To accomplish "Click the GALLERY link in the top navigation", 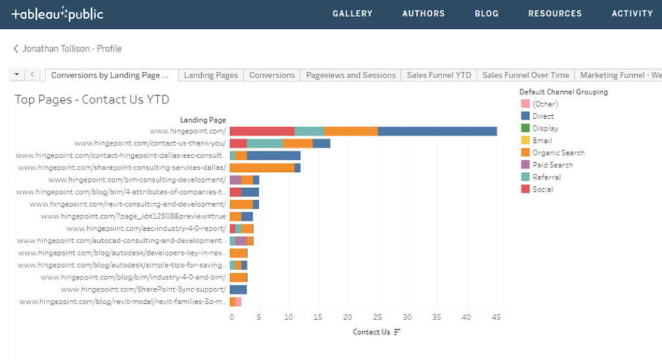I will [x=352, y=14].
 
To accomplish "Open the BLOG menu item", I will [x=486, y=14].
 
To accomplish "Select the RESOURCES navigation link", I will [x=555, y=14].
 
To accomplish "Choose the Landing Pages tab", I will [x=211, y=75].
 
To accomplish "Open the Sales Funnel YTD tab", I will [x=439, y=75].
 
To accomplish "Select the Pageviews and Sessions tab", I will [x=350, y=75].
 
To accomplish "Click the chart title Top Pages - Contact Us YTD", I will [x=92, y=100].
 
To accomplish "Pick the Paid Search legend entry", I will [x=552, y=165].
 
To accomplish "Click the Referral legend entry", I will [x=546, y=177].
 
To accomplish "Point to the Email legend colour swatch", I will [x=525, y=140].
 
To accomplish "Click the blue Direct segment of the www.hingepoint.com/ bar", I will [x=437, y=131].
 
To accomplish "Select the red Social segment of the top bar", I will [x=262, y=131].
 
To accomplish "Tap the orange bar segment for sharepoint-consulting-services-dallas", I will [x=262, y=168].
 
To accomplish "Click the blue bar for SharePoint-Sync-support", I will [x=238, y=290].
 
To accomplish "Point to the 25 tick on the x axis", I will [x=378, y=317].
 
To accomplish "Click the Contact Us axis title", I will [x=372, y=332].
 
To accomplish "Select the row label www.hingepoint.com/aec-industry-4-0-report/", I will [x=146, y=229].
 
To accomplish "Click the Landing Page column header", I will [x=203, y=120].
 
